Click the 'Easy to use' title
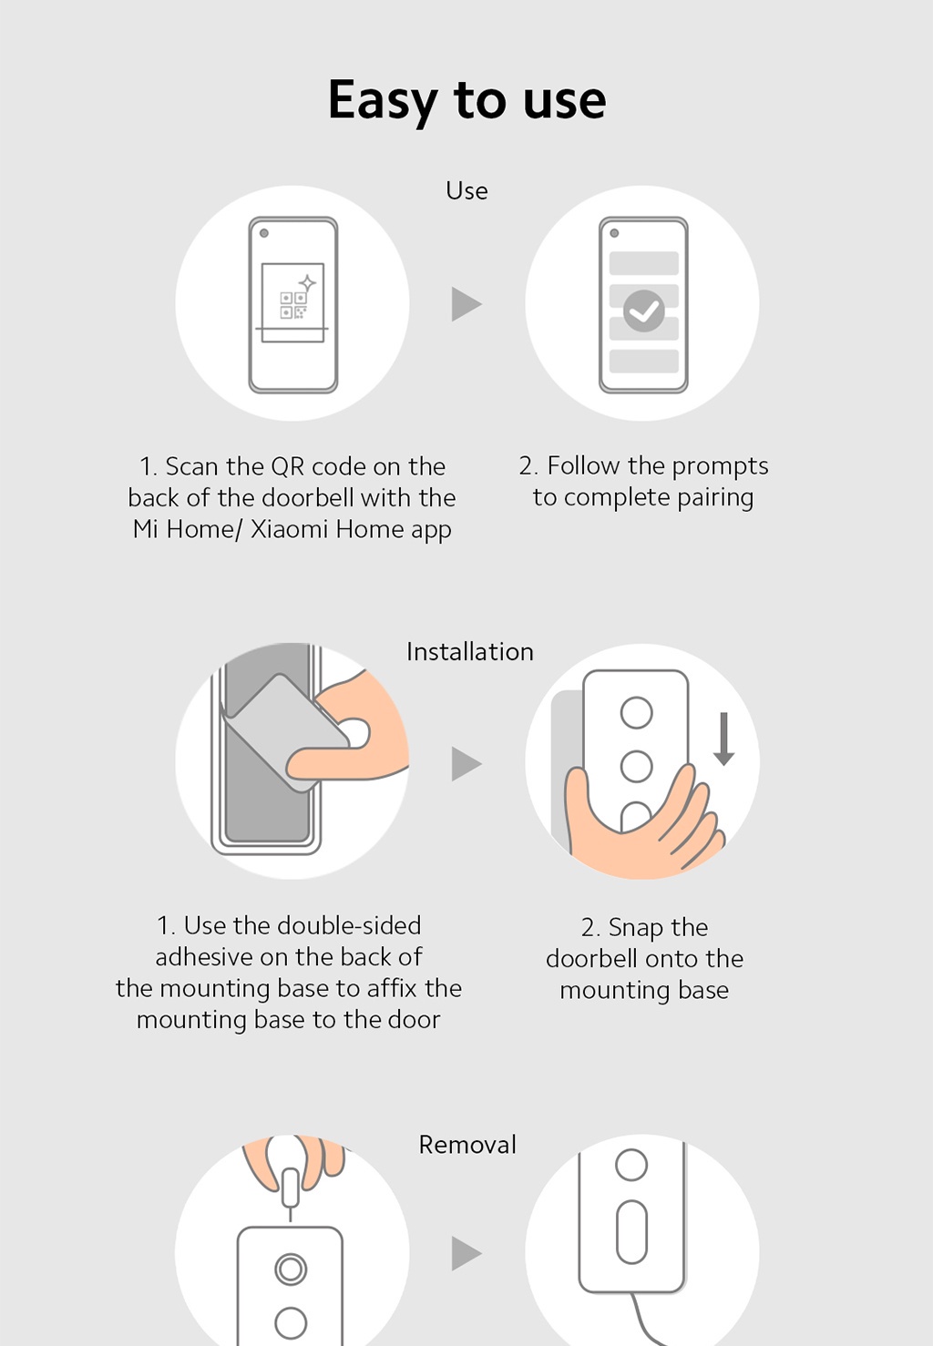pyautogui.click(x=466, y=99)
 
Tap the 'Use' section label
pyautogui.click(x=466, y=190)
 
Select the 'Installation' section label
pyautogui.click(x=469, y=652)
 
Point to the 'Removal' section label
pyautogui.click(x=467, y=1145)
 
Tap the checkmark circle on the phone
pyautogui.click(x=643, y=311)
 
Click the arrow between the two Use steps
pyautogui.click(x=466, y=304)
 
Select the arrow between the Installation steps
pyautogui.click(x=466, y=764)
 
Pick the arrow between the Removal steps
pyautogui.click(x=466, y=1254)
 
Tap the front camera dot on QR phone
pyautogui.click(x=264, y=233)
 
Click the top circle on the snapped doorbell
pyautogui.click(x=636, y=713)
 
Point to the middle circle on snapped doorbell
pyautogui.click(x=636, y=767)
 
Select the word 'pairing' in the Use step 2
pyautogui.click(x=715, y=498)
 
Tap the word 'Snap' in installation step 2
pyautogui.click(x=636, y=928)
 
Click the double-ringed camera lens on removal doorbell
pyautogui.click(x=291, y=1269)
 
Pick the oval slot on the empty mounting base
pyautogui.click(x=631, y=1232)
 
